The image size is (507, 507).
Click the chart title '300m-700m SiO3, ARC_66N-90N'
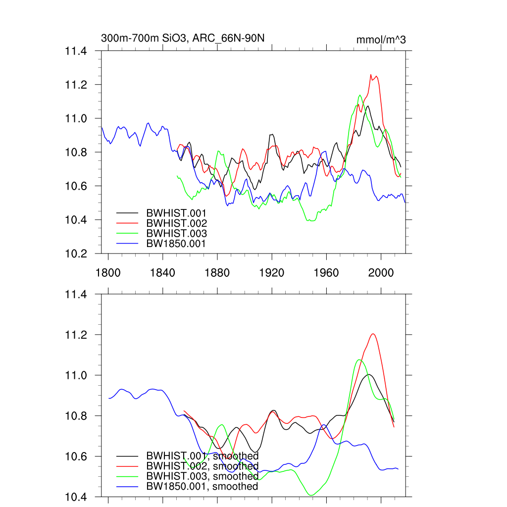(x=186, y=39)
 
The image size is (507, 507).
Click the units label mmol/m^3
(x=381, y=40)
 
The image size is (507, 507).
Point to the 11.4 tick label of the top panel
(x=77, y=51)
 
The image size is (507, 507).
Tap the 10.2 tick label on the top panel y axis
(x=77, y=253)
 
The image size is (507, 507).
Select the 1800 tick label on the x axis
(x=108, y=272)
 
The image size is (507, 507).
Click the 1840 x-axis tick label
(x=162, y=272)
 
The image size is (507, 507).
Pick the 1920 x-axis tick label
(x=272, y=272)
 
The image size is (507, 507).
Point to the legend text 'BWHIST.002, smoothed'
(x=203, y=466)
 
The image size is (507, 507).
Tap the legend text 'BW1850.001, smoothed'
(x=203, y=487)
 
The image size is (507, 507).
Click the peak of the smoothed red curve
(x=373, y=334)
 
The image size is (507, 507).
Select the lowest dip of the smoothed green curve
(x=311, y=495)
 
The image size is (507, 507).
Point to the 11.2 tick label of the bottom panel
(x=77, y=335)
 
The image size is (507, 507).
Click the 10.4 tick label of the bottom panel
(x=77, y=497)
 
